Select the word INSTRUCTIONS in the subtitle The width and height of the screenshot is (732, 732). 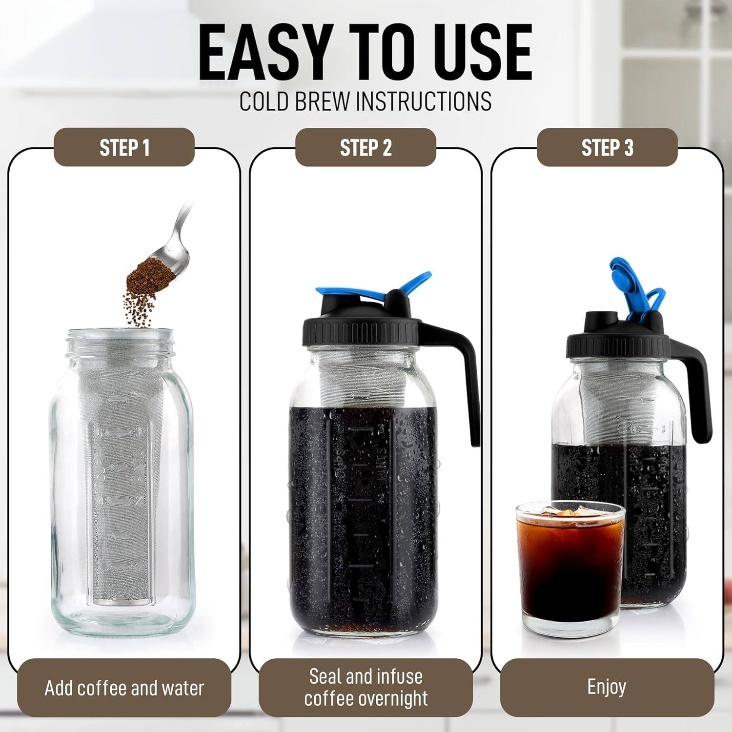(424, 101)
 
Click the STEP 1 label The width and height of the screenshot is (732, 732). (124, 147)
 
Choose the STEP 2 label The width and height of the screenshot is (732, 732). (366, 147)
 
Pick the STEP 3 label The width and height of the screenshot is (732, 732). (607, 147)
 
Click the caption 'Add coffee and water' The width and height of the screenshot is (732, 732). (124, 688)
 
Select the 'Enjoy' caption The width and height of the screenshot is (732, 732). (607, 687)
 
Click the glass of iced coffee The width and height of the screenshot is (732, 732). (570, 566)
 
